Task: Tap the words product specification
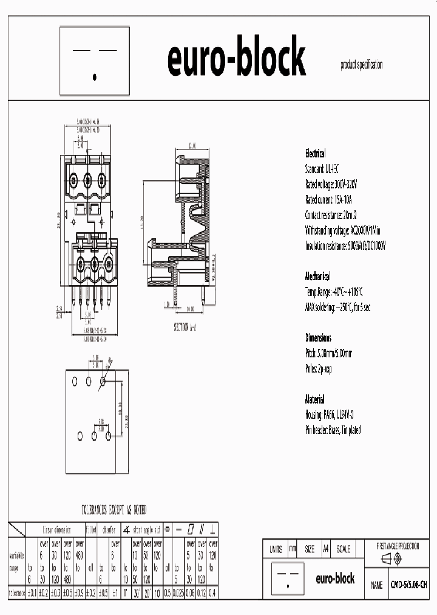pos(362,65)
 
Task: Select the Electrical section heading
pos(315,154)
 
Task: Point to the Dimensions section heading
pos(318,337)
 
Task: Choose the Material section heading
pos(315,399)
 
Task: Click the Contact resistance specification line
pos(337,215)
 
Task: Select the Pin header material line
pos(333,430)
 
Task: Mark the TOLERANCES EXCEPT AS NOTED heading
pos(114,510)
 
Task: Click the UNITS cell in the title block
pos(275,549)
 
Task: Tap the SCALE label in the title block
pos(343,549)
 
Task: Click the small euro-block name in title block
pos(335,579)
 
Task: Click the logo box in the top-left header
pos(95,61)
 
